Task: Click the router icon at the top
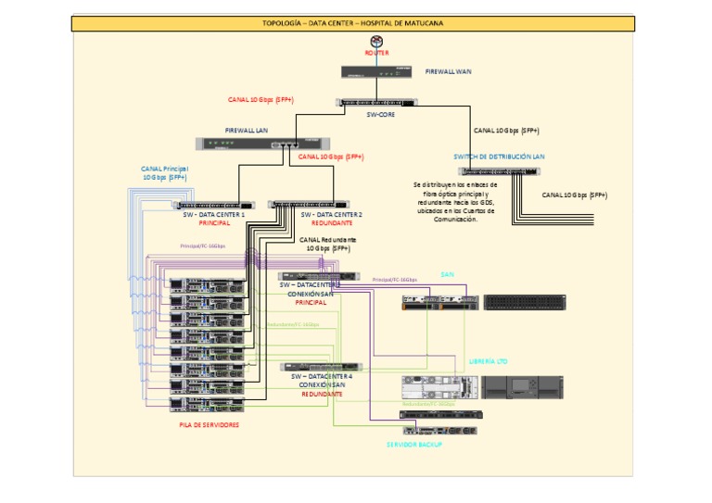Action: coord(376,42)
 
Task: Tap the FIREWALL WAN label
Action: coord(449,70)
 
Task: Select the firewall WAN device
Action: coord(376,70)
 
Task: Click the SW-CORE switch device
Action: coord(376,104)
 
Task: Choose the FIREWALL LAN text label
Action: coord(247,131)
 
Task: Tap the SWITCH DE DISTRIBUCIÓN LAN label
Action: coord(499,157)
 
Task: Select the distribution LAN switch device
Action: coord(499,171)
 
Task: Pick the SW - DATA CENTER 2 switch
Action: coord(309,205)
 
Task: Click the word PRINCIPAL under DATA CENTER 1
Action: coord(214,223)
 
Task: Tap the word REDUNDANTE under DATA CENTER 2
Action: coord(332,223)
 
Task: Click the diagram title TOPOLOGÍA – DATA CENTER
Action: coord(353,23)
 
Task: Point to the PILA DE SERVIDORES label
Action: coord(209,424)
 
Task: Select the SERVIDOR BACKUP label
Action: coord(414,445)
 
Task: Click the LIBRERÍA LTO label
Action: coord(489,361)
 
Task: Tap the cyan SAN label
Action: coord(448,275)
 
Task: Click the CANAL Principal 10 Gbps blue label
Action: coord(164,173)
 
